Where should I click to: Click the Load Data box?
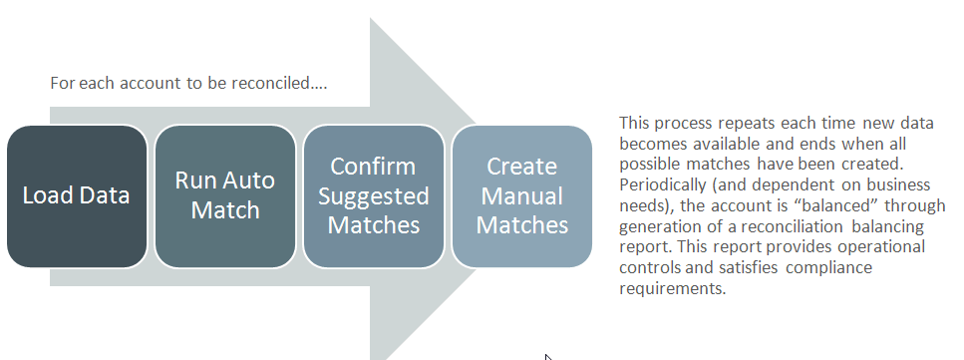click(x=77, y=195)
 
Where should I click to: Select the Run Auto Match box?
click(x=225, y=195)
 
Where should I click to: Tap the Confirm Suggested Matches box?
click(x=373, y=195)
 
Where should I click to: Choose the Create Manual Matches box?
click(x=521, y=195)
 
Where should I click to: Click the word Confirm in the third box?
click(x=373, y=166)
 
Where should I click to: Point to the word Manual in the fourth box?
click(x=521, y=195)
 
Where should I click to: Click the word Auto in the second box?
click(x=254, y=180)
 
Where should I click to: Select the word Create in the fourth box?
click(x=521, y=166)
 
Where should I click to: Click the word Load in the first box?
click(x=48, y=195)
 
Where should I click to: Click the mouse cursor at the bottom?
click(x=548, y=356)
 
